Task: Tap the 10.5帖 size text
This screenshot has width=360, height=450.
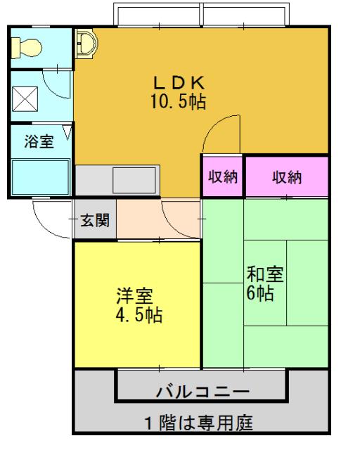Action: tap(178, 102)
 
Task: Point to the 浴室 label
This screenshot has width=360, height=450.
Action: tap(39, 141)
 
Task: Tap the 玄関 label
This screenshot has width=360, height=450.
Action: tap(94, 220)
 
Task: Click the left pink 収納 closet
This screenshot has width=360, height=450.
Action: tap(223, 176)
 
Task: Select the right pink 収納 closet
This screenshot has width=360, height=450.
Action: tap(287, 176)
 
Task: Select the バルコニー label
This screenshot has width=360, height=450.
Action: tap(200, 390)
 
